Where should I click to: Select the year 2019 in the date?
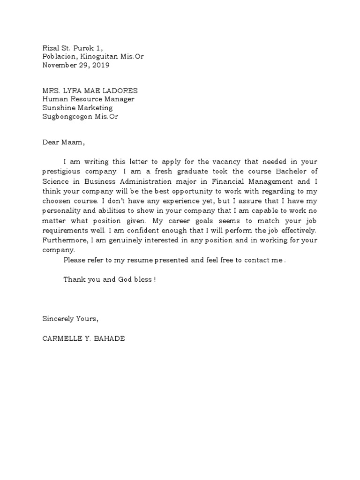click(101, 66)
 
